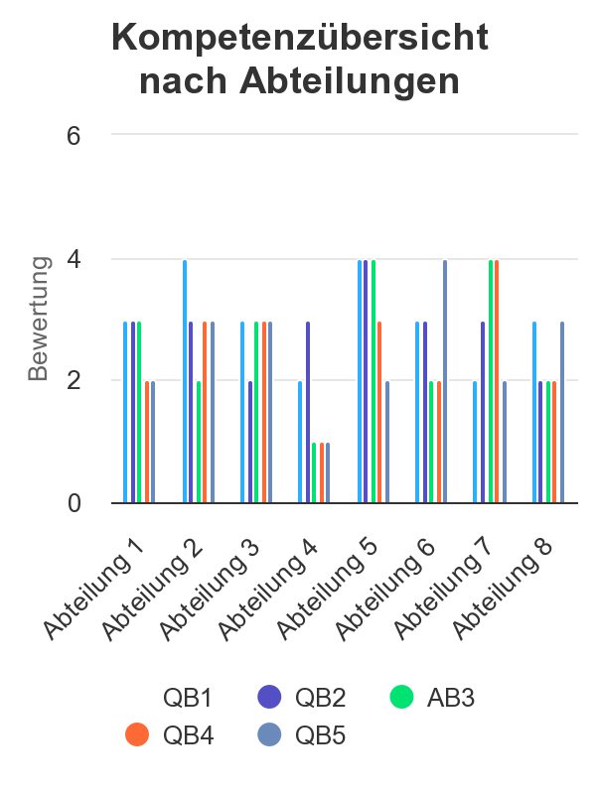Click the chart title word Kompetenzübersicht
[x=300, y=38]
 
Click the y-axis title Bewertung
[x=38, y=319]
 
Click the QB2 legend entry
[x=301, y=698]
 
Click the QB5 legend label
[x=320, y=735]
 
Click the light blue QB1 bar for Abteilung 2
[x=185, y=382]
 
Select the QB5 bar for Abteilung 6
[x=445, y=382]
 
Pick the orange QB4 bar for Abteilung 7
[x=496, y=382]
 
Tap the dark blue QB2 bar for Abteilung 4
[x=308, y=412]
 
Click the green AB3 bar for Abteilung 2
[x=199, y=442]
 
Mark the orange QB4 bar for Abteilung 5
[x=379, y=412]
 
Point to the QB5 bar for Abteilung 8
[x=562, y=412]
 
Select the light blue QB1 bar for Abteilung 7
[x=475, y=442]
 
